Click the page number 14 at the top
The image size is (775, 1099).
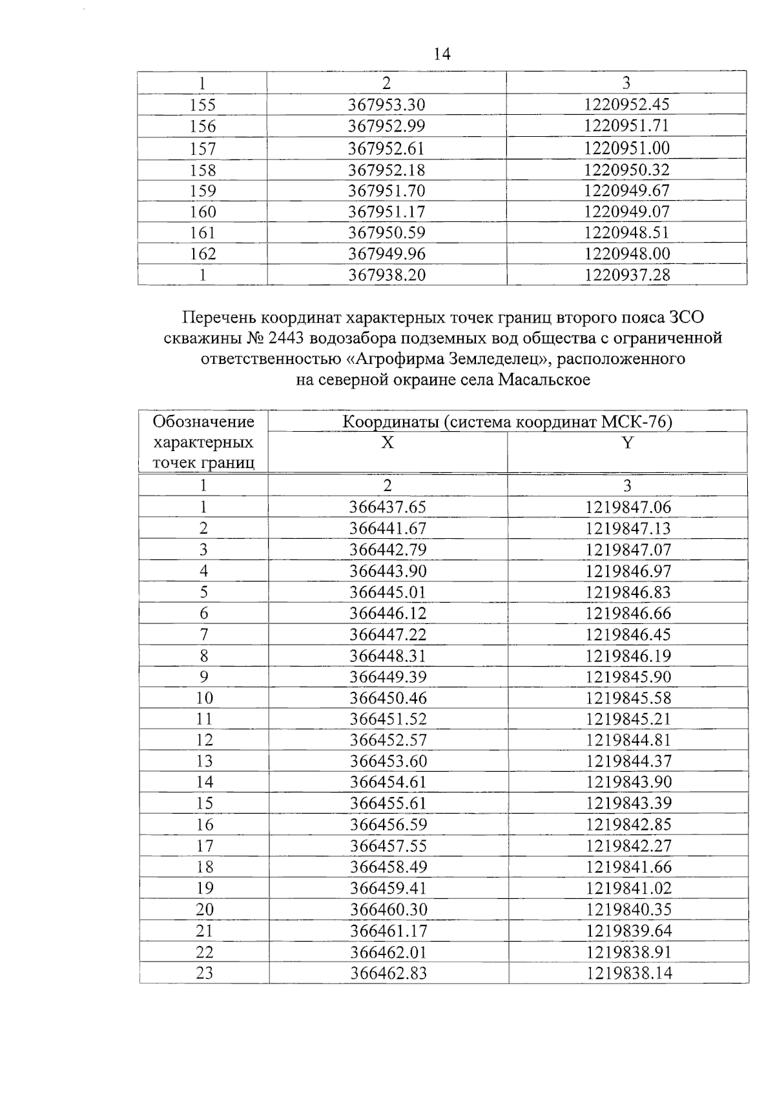click(x=442, y=54)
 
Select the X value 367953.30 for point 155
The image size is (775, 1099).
click(x=387, y=105)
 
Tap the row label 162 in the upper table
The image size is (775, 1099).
click(x=203, y=254)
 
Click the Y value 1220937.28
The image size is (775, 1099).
click(x=627, y=275)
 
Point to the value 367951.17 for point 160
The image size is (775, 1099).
click(x=387, y=212)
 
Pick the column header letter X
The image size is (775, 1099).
click(x=387, y=443)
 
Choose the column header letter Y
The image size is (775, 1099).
click(x=627, y=443)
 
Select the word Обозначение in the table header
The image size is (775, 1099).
click(x=203, y=422)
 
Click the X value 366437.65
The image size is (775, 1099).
click(x=387, y=507)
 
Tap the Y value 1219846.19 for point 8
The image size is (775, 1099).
click(x=628, y=656)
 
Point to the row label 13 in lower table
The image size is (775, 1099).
click(x=204, y=761)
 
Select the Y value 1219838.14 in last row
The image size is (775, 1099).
click(x=629, y=973)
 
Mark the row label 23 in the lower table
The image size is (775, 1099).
click(x=204, y=973)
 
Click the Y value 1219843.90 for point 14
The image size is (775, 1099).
click(x=629, y=782)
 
